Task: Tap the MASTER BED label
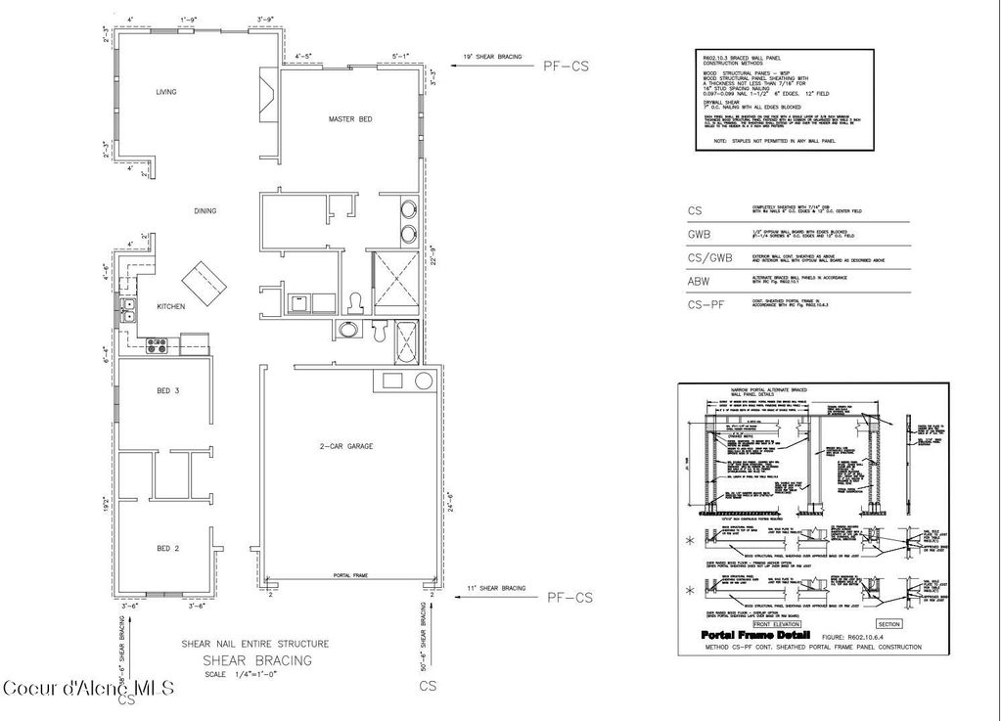pyautogui.click(x=349, y=119)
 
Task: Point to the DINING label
pyautogui.click(x=205, y=210)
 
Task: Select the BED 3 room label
pyautogui.click(x=168, y=390)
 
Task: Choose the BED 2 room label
pyautogui.click(x=168, y=548)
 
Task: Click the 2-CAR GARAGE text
pyautogui.click(x=346, y=446)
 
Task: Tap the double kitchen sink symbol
pyautogui.click(x=128, y=309)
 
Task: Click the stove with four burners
pyautogui.click(x=158, y=344)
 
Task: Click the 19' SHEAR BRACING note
pyautogui.click(x=492, y=58)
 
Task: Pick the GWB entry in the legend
pyautogui.click(x=698, y=235)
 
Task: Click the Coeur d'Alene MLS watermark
pyautogui.click(x=88, y=688)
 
